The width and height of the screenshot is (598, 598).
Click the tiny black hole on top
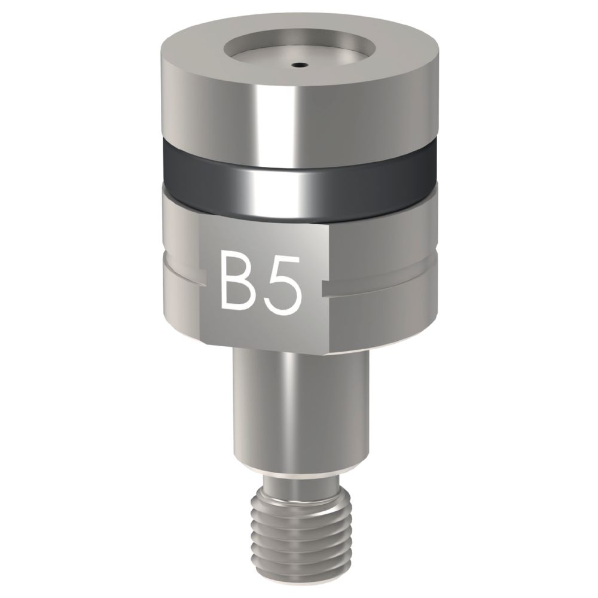(x=297, y=63)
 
